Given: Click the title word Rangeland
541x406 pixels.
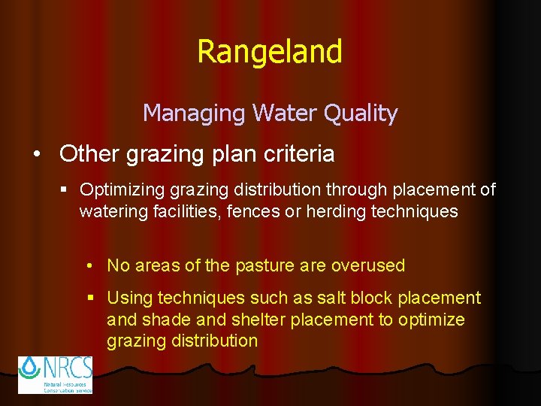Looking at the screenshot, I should (x=270, y=52).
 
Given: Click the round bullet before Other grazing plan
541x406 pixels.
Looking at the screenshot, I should (x=38, y=154).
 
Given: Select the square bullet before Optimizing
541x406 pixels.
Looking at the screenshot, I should (x=65, y=190).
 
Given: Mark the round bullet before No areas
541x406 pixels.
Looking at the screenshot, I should (x=89, y=266).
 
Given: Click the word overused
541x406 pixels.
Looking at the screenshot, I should (x=367, y=265).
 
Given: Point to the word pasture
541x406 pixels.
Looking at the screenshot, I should (x=263, y=265).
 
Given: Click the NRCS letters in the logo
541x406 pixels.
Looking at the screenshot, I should (x=67, y=368).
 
